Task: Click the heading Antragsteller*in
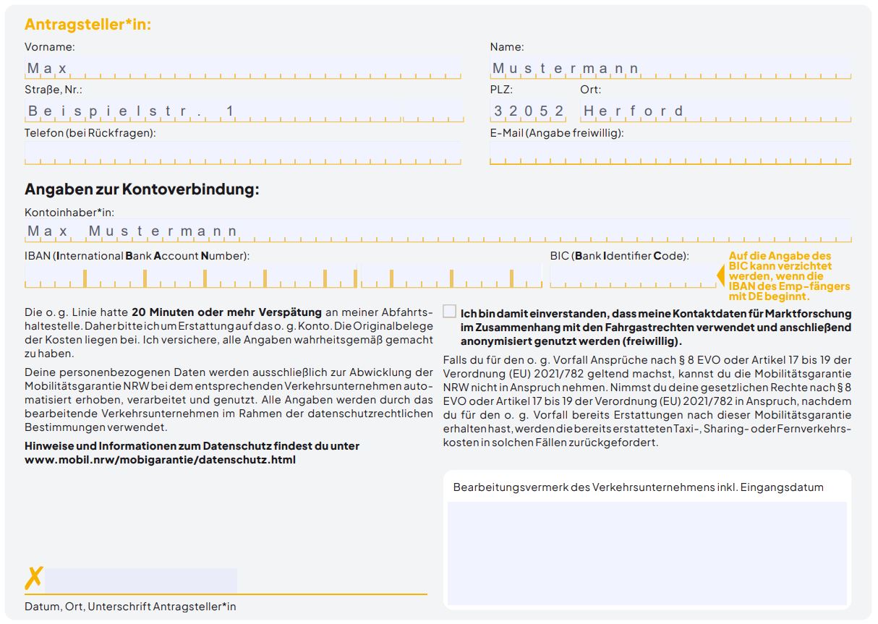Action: pos(88,24)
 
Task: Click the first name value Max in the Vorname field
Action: pos(47,69)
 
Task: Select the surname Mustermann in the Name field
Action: pos(566,69)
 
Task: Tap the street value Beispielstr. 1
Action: pos(131,111)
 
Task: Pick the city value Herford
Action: pos(634,111)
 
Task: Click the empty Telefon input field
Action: pos(242,153)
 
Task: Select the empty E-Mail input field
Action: pos(670,153)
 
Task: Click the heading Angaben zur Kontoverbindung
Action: pos(142,189)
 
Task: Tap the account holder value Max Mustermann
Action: pos(132,231)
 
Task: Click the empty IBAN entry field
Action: pos(282,276)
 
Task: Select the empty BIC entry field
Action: pos(632,276)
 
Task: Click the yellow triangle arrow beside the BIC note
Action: pos(720,275)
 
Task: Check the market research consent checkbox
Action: pos(449,312)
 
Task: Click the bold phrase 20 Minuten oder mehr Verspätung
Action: pos(226,312)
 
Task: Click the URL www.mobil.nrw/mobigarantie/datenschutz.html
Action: pos(160,459)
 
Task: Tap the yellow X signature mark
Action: pos(33,578)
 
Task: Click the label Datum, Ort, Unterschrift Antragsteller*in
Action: pos(130,606)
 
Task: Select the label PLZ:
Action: pos(500,90)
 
